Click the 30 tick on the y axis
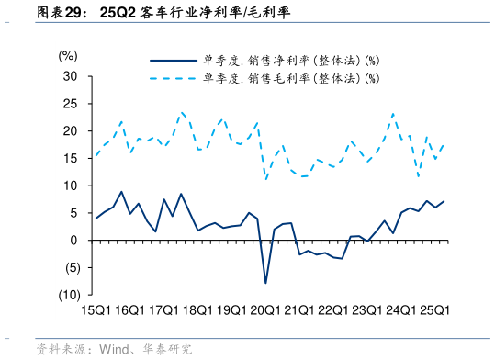70,75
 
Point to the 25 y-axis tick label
70,103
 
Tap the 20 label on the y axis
70,130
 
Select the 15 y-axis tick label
70,158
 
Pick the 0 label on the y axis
73,241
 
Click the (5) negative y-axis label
68,268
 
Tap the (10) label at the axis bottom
66,296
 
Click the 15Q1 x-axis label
97,310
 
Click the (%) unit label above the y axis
68,55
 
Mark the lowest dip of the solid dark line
266,283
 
